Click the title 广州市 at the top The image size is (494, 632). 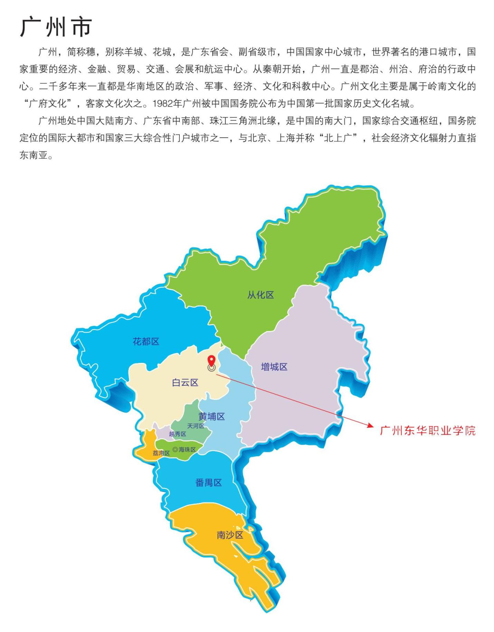[x=56, y=27]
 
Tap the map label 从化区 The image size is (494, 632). [x=260, y=295]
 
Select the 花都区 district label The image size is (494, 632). [x=146, y=341]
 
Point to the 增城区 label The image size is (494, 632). [x=274, y=367]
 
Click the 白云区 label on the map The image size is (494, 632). [x=185, y=383]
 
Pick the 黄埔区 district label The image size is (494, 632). [x=211, y=416]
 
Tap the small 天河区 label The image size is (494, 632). [x=195, y=426]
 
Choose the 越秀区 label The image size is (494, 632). [x=177, y=434]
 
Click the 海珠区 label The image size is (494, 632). [x=187, y=450]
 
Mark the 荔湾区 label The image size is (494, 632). [x=161, y=453]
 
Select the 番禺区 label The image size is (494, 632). [x=208, y=482]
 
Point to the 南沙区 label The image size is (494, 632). [x=230, y=535]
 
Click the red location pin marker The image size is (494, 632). [x=211, y=361]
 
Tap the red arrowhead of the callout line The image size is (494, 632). [x=371, y=426]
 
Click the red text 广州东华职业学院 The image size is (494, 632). [x=428, y=431]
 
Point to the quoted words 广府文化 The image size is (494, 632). [x=48, y=103]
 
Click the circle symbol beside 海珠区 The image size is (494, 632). [x=175, y=450]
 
